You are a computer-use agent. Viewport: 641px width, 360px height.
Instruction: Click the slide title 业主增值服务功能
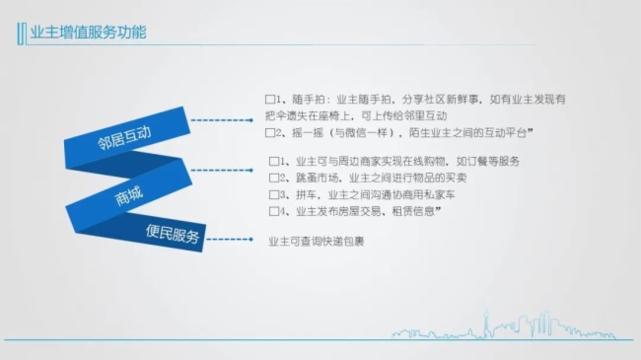pos(90,34)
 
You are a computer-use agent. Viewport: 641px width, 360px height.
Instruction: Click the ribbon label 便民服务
pos(173,238)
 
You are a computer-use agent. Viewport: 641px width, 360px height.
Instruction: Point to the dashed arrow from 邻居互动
pos(222,120)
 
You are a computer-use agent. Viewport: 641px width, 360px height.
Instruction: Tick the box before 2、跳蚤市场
pos(273,179)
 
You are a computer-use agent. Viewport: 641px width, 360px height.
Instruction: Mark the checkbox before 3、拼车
pos(273,194)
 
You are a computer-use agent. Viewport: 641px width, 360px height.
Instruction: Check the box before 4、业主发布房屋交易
pos(273,211)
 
